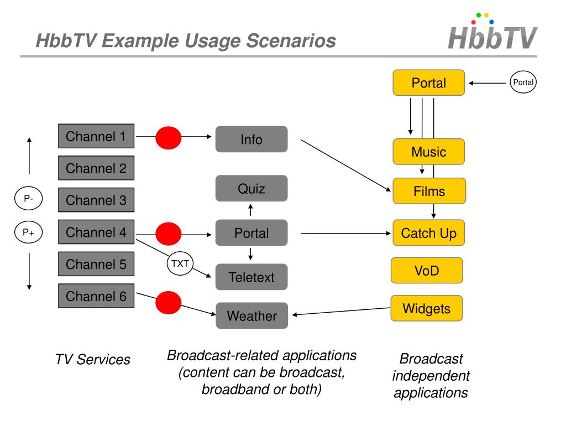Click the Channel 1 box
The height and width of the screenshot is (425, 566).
pyautogui.click(x=96, y=136)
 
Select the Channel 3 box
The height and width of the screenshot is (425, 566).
pyautogui.click(x=96, y=200)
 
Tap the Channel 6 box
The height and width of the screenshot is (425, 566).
pyautogui.click(x=96, y=296)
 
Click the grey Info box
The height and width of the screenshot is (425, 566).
pyautogui.click(x=251, y=139)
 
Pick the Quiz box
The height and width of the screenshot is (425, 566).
pyautogui.click(x=251, y=189)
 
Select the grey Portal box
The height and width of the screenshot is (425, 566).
pyautogui.click(x=251, y=233)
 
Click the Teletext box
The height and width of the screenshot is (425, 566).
pyautogui.click(x=251, y=277)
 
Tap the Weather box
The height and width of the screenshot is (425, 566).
pyautogui.click(x=251, y=316)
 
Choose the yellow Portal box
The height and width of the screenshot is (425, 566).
pyautogui.click(x=429, y=83)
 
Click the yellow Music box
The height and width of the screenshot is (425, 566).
pyautogui.click(x=429, y=152)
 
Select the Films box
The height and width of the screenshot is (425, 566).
pyautogui.click(x=429, y=191)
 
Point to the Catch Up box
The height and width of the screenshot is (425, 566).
pyautogui.click(x=429, y=233)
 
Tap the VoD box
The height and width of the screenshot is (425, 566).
pyautogui.click(x=426, y=271)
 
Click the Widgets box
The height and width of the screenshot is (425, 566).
pyautogui.click(x=426, y=308)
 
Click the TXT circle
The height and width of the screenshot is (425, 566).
pyautogui.click(x=180, y=264)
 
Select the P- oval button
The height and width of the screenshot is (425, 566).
pyautogui.click(x=28, y=199)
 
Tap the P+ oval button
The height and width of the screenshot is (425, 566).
pyautogui.click(x=28, y=232)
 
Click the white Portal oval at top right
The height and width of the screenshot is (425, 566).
pyautogui.click(x=523, y=82)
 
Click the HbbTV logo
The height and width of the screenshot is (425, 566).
pyautogui.click(x=491, y=33)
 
